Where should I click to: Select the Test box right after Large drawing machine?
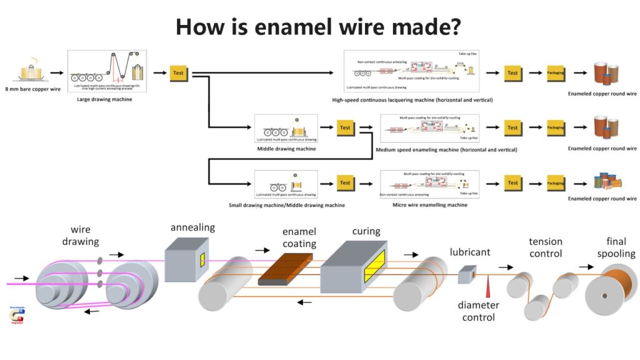(178, 72)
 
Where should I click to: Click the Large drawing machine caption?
(104, 99)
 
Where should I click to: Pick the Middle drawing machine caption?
(286, 149)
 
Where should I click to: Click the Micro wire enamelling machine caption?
(429, 204)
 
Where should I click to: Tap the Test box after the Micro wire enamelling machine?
(512, 183)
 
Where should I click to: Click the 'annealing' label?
(192, 227)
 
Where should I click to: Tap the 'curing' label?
(366, 231)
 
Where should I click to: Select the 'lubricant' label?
(470, 252)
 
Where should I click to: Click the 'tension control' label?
(546, 247)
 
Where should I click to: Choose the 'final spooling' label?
(616, 247)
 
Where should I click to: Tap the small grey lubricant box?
(467, 274)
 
